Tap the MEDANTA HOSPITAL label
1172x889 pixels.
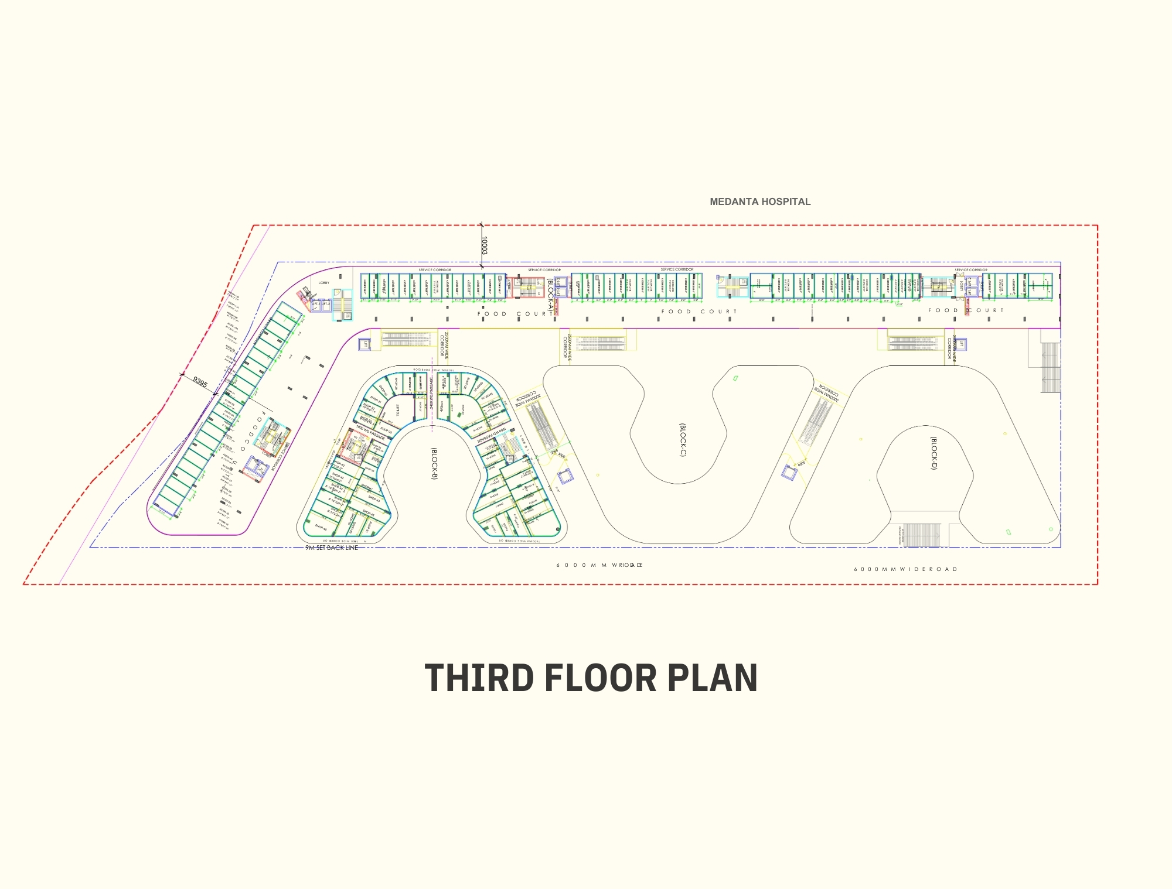[760, 201]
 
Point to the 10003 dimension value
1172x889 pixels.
[484, 245]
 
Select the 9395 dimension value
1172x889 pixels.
[200, 382]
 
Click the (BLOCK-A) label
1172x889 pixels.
[550, 295]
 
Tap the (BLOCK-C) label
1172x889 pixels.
[682, 440]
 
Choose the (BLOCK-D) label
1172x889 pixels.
[934, 453]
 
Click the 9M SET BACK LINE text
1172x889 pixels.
[332, 548]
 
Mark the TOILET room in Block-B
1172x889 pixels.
[397, 410]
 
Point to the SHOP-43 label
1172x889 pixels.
[374, 500]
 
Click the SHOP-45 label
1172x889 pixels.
[368, 513]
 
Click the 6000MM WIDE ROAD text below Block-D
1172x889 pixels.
[905, 569]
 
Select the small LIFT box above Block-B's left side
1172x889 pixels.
[365, 344]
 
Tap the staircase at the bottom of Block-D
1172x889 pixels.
[921, 535]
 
